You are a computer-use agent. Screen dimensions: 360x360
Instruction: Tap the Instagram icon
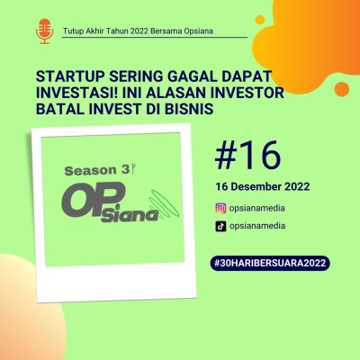(x=220, y=208)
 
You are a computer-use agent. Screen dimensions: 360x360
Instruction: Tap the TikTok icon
(x=220, y=227)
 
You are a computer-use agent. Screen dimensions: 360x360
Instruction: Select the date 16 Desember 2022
(x=263, y=187)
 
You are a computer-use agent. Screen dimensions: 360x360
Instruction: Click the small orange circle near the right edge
(x=341, y=87)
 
